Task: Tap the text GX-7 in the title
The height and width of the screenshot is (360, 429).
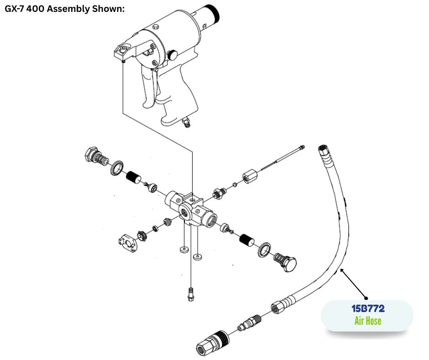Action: pyautogui.click(x=16, y=9)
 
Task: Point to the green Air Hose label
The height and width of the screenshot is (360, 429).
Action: pyautogui.click(x=367, y=321)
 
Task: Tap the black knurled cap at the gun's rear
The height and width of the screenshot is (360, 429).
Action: pyautogui.click(x=213, y=14)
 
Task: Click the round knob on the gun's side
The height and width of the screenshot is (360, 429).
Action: pyautogui.click(x=173, y=55)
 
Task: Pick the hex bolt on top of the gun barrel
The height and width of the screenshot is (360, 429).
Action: pyautogui.click(x=155, y=28)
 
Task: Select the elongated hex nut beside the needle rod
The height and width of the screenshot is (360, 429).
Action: pyautogui.click(x=250, y=175)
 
